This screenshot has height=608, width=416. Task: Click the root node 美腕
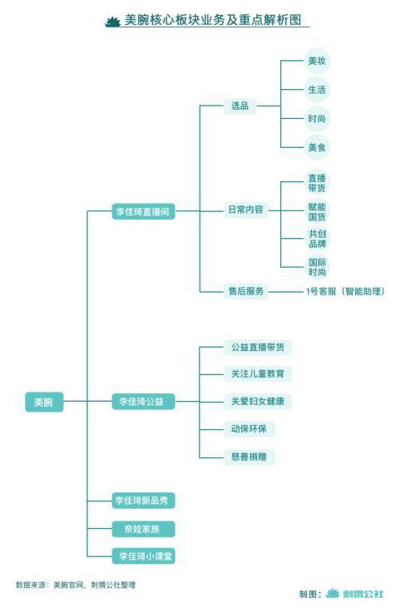[44, 402]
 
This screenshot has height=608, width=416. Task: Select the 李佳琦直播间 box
[143, 211]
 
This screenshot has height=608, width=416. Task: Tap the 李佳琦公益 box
[143, 402]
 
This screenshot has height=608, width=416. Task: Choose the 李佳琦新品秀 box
[143, 500]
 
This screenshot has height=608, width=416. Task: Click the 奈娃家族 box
[143, 529]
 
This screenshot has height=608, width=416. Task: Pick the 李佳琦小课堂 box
[143, 556]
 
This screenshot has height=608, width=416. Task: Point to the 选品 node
[240, 106]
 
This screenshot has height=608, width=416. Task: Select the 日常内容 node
[245, 210]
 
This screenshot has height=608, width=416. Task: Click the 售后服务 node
[245, 291]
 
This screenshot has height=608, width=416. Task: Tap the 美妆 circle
[317, 61]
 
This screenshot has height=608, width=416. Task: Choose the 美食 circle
[317, 147]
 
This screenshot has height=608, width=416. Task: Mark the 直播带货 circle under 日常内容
[317, 183]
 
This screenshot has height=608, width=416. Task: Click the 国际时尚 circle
[317, 267]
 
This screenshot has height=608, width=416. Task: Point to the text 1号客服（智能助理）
[345, 291]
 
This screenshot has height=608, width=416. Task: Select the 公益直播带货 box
[257, 347]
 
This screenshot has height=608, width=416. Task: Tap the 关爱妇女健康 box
[257, 402]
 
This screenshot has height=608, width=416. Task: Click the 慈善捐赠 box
[250, 457]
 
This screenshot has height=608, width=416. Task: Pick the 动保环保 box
[250, 429]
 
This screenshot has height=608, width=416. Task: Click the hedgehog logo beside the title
[113, 22]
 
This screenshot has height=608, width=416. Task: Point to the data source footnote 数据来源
[76, 585]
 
